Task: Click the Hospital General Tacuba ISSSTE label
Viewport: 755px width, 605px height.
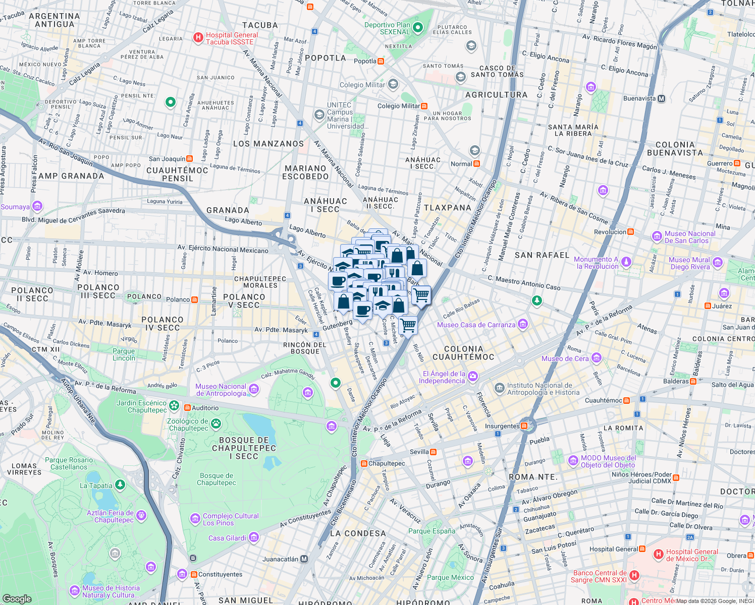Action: (232, 38)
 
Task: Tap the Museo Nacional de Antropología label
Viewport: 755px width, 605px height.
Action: (221, 390)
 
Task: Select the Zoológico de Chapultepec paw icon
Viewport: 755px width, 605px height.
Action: (216, 423)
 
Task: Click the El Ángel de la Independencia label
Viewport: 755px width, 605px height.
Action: (444, 377)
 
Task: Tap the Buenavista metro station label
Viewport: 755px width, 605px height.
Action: (639, 98)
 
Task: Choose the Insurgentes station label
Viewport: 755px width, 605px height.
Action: (502, 426)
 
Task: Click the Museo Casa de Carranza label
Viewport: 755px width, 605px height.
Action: (476, 325)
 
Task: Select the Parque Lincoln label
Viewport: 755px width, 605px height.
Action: (124, 354)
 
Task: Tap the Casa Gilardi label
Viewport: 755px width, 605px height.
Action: (227, 538)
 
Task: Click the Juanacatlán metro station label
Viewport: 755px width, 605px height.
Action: (281, 559)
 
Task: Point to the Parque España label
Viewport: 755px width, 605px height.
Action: (432, 531)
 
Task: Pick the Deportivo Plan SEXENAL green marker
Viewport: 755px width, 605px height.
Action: (417, 28)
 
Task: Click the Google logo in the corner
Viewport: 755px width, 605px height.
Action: (17, 598)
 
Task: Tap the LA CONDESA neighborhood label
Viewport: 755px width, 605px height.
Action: (358, 533)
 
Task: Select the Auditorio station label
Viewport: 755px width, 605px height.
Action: (205, 408)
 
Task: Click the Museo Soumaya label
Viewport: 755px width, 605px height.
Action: (15, 207)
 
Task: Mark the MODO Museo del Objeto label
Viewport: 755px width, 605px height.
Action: (608, 461)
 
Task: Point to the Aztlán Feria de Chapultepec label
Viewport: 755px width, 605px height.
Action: (110, 516)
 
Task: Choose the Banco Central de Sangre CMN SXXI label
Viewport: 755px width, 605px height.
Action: (600, 576)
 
